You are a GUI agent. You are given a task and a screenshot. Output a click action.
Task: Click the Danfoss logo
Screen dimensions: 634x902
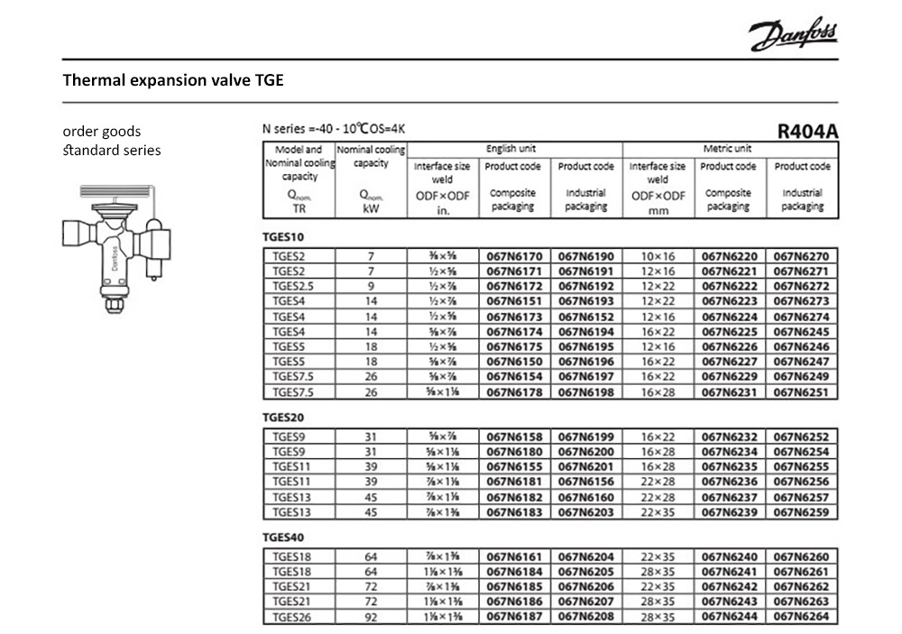click(x=792, y=36)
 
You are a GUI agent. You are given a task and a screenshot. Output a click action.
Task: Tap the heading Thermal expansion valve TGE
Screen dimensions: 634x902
click(x=173, y=80)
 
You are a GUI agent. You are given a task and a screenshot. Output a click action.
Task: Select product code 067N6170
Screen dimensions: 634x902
click(x=513, y=256)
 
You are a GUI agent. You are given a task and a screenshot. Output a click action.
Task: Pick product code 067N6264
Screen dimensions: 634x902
click(x=802, y=618)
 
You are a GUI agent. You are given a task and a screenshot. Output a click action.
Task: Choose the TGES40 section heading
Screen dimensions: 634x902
click(x=281, y=538)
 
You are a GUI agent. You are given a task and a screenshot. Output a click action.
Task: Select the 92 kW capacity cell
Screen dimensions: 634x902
click(x=370, y=618)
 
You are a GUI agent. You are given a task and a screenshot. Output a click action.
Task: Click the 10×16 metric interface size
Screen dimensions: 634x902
click(x=657, y=256)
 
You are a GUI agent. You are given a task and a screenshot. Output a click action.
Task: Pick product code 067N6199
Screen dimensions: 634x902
click(x=585, y=436)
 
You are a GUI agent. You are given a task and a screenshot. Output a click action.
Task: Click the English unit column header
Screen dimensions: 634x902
click(x=512, y=148)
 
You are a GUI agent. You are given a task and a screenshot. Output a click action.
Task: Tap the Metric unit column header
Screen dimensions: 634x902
click(x=728, y=148)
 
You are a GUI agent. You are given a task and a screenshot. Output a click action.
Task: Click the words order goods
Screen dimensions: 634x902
click(x=102, y=132)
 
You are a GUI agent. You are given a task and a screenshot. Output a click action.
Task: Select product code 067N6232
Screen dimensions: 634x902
click(x=729, y=436)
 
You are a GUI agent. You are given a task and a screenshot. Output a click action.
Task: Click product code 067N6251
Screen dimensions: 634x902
click(x=802, y=391)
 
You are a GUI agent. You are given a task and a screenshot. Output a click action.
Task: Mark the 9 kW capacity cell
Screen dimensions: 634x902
click(x=370, y=286)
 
